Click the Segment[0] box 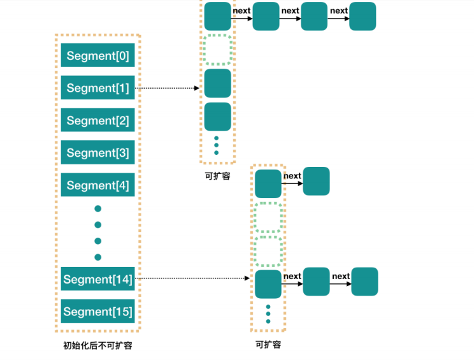point(97,56)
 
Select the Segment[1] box point(97,89)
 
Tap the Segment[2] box point(97,120)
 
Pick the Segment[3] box point(97,153)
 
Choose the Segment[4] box point(97,185)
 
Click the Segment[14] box point(97,280)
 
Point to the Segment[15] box point(97,312)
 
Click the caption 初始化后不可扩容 point(97,345)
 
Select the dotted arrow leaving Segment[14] point(191,278)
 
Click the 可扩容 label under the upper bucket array point(217,176)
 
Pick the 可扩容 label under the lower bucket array point(268,345)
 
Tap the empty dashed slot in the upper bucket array point(217,50)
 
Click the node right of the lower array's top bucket point(316,182)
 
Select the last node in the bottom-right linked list point(364,282)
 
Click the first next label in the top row point(241,11)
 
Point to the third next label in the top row point(339,11)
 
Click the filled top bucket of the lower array point(268,184)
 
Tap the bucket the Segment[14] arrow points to point(268,284)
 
